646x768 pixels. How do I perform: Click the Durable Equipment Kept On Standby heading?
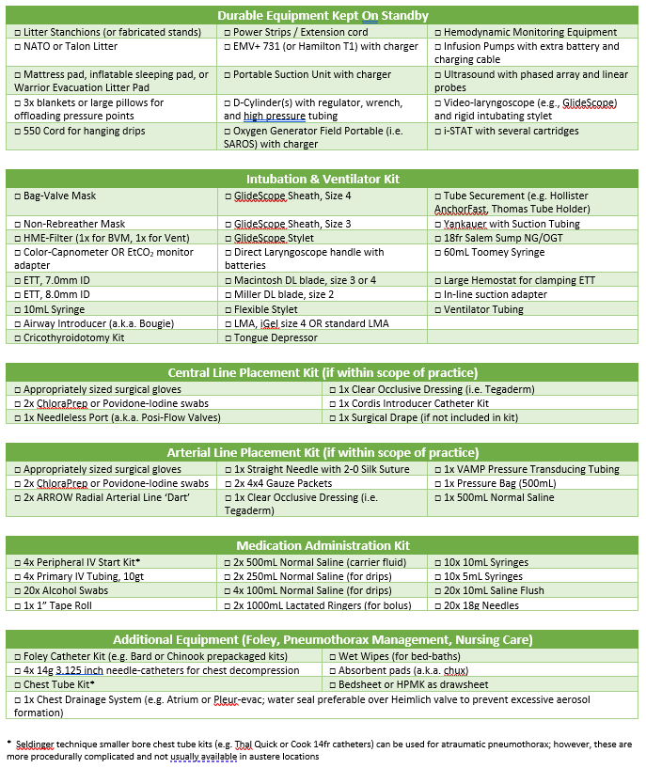pos(323,15)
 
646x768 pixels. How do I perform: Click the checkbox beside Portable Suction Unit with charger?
pos(228,74)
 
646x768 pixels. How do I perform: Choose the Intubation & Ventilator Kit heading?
pos(323,179)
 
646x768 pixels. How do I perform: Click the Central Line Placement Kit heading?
pos(323,373)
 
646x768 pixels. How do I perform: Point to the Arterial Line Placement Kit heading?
pos(323,452)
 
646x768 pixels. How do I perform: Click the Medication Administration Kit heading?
pos(323,545)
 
